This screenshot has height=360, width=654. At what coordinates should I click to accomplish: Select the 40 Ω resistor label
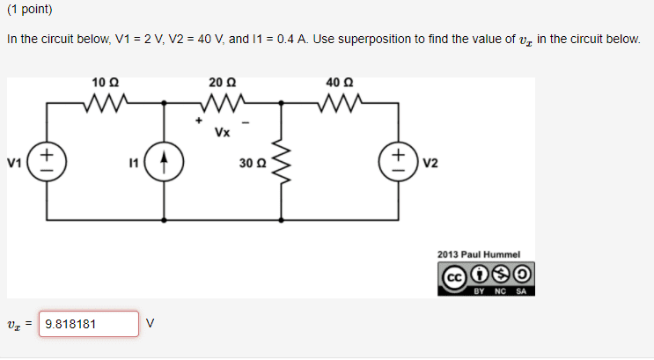click(338, 82)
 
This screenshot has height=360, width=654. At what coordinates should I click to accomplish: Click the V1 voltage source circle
click(47, 163)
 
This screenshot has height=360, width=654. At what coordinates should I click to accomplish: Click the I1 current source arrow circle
click(165, 163)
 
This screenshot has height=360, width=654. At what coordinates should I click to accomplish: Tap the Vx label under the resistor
click(223, 133)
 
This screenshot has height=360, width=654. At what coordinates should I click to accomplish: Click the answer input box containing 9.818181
click(89, 324)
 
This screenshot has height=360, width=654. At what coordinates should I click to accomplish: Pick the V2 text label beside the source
click(430, 163)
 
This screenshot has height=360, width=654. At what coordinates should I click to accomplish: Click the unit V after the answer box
click(150, 324)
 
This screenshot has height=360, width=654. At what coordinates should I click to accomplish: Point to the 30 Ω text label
click(251, 163)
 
